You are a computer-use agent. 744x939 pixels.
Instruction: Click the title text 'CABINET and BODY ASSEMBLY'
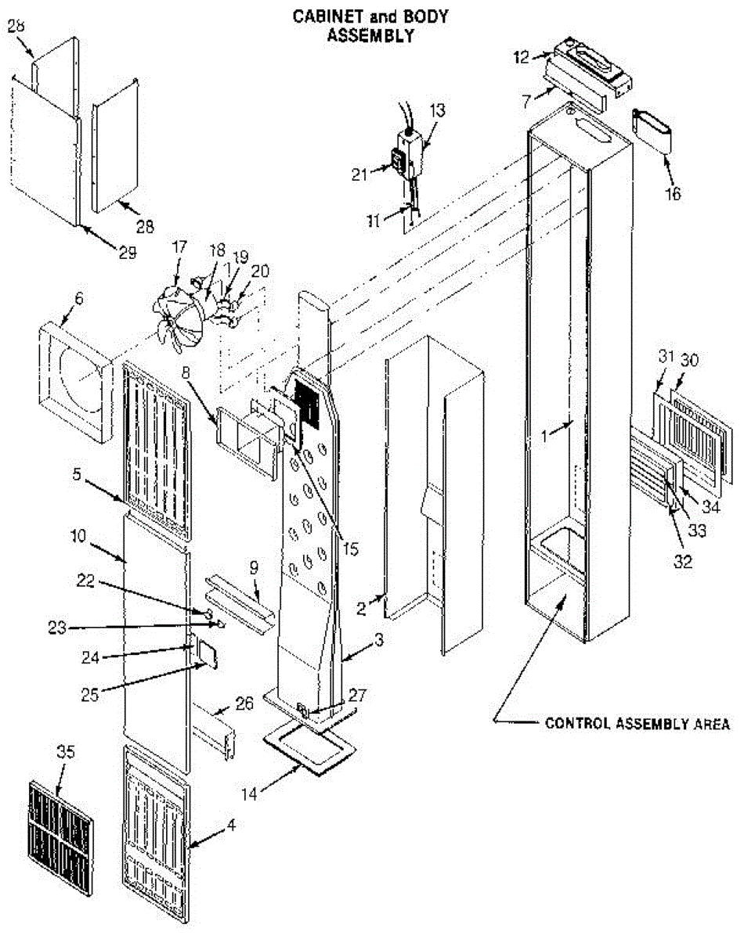(x=370, y=27)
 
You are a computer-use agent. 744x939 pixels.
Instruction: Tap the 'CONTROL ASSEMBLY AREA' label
(x=637, y=724)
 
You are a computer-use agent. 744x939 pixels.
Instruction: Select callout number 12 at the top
(x=522, y=56)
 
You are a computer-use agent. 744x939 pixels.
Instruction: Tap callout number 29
(x=127, y=252)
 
